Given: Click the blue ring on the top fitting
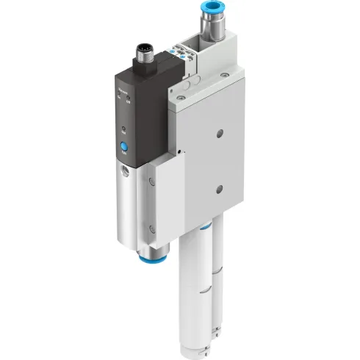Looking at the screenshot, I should click(208, 11).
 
